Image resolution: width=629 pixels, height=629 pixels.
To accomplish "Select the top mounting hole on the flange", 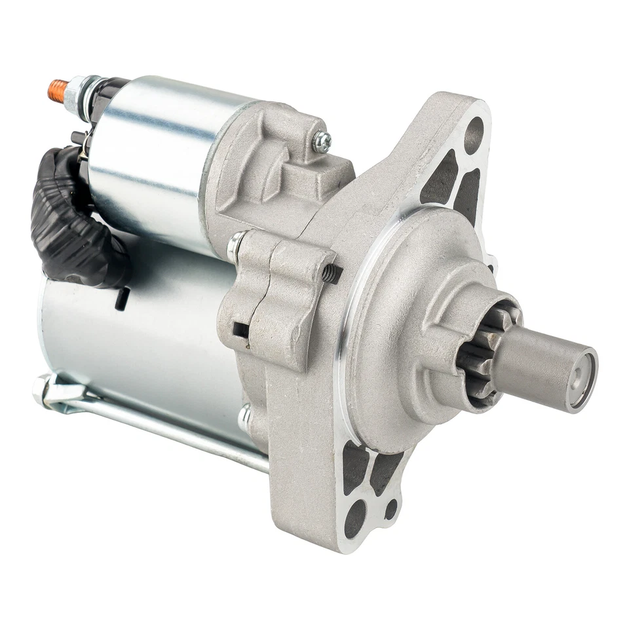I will (x=473, y=134).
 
